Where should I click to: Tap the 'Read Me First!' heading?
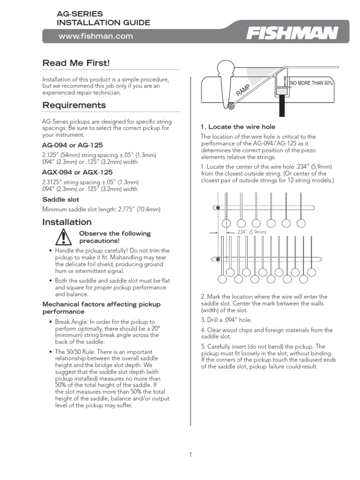click(76, 63)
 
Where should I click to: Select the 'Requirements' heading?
click(74, 105)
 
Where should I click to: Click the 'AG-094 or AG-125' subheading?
click(73, 145)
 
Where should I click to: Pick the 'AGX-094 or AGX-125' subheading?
click(77, 172)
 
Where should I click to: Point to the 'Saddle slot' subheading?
click(61, 199)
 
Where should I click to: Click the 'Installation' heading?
click(67, 222)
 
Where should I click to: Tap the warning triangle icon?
click(62, 237)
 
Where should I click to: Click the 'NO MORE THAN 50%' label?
click(311, 83)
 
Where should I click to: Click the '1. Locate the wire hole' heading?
click(238, 127)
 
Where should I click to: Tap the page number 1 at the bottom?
click(190, 454)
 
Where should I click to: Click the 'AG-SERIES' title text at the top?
click(80, 15)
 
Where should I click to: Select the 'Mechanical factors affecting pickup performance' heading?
click(101, 308)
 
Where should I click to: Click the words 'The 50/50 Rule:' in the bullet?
click(77, 352)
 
